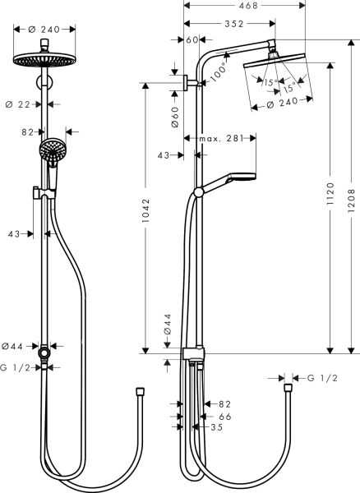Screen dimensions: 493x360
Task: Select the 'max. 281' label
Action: click(x=221, y=141)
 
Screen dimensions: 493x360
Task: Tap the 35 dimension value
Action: click(x=216, y=428)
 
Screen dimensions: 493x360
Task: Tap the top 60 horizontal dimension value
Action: click(x=192, y=39)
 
